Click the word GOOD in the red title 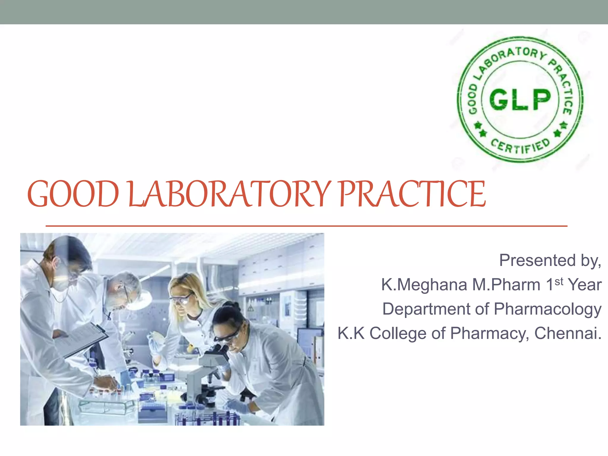point(73,194)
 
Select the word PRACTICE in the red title point(412,194)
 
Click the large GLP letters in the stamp point(520,99)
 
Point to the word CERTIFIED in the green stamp point(520,147)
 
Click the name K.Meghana point(424,285)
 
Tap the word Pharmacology point(547,309)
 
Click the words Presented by point(550,260)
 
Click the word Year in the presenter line point(584,285)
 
